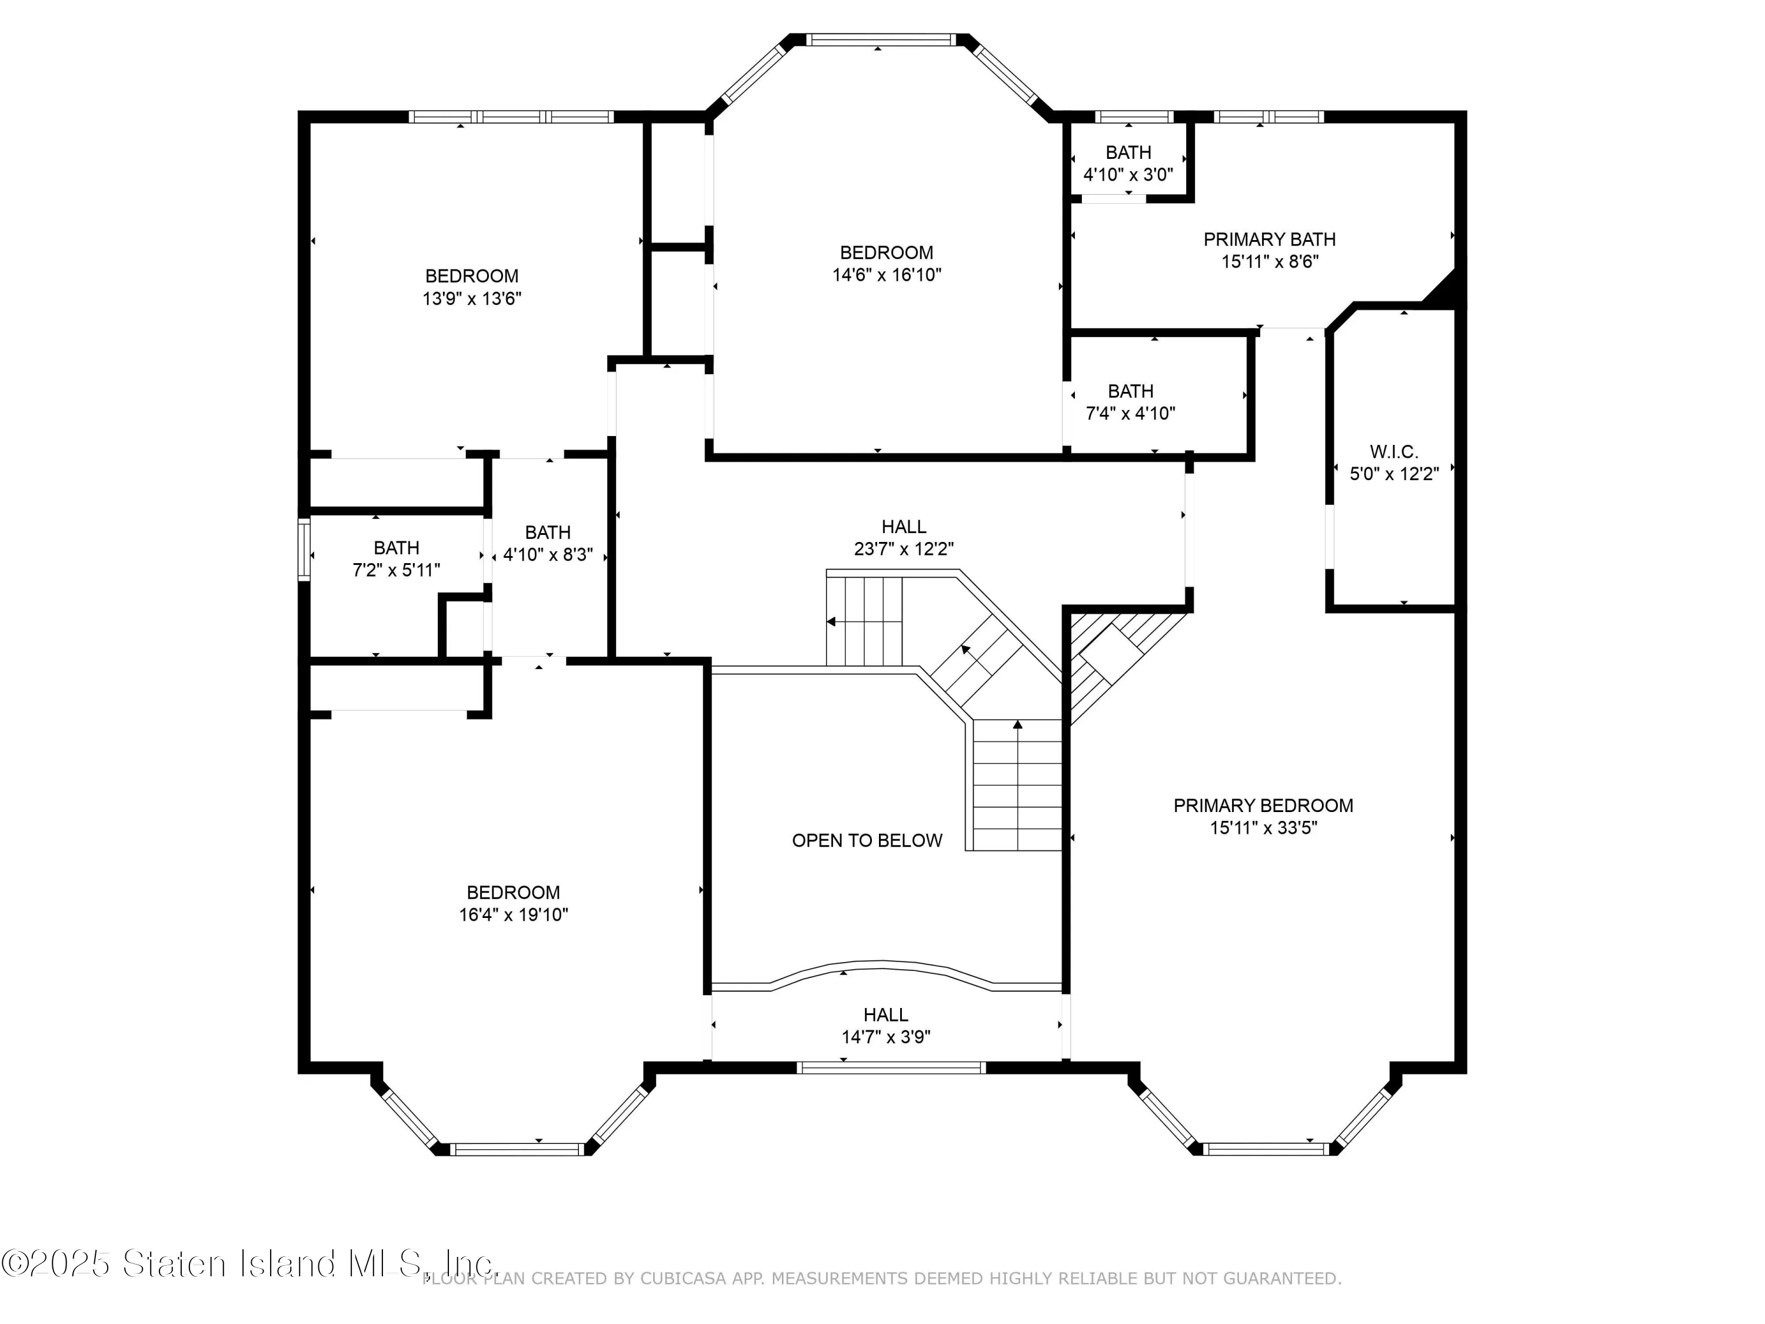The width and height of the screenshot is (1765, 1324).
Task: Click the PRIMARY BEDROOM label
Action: point(1263,805)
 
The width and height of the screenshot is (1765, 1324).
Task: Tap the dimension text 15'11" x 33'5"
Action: point(1263,827)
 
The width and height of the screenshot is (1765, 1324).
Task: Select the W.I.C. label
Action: point(1393,452)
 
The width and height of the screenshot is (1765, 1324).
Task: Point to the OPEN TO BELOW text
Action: point(867,840)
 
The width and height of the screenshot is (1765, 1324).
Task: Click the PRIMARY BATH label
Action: point(1268,239)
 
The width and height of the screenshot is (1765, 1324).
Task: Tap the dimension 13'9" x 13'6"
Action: point(472,298)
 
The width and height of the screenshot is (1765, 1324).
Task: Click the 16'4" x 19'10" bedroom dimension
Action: point(513,914)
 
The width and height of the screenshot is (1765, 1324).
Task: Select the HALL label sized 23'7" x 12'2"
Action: point(903,527)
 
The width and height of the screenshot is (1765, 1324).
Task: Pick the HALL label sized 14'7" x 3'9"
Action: point(885,1014)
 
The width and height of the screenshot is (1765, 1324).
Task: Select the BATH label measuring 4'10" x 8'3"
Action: point(547,533)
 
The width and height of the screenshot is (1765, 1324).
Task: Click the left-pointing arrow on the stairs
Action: point(831,622)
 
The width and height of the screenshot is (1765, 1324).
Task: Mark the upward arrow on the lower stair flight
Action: point(1017,724)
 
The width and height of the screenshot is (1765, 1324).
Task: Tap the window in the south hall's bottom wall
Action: point(891,1067)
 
